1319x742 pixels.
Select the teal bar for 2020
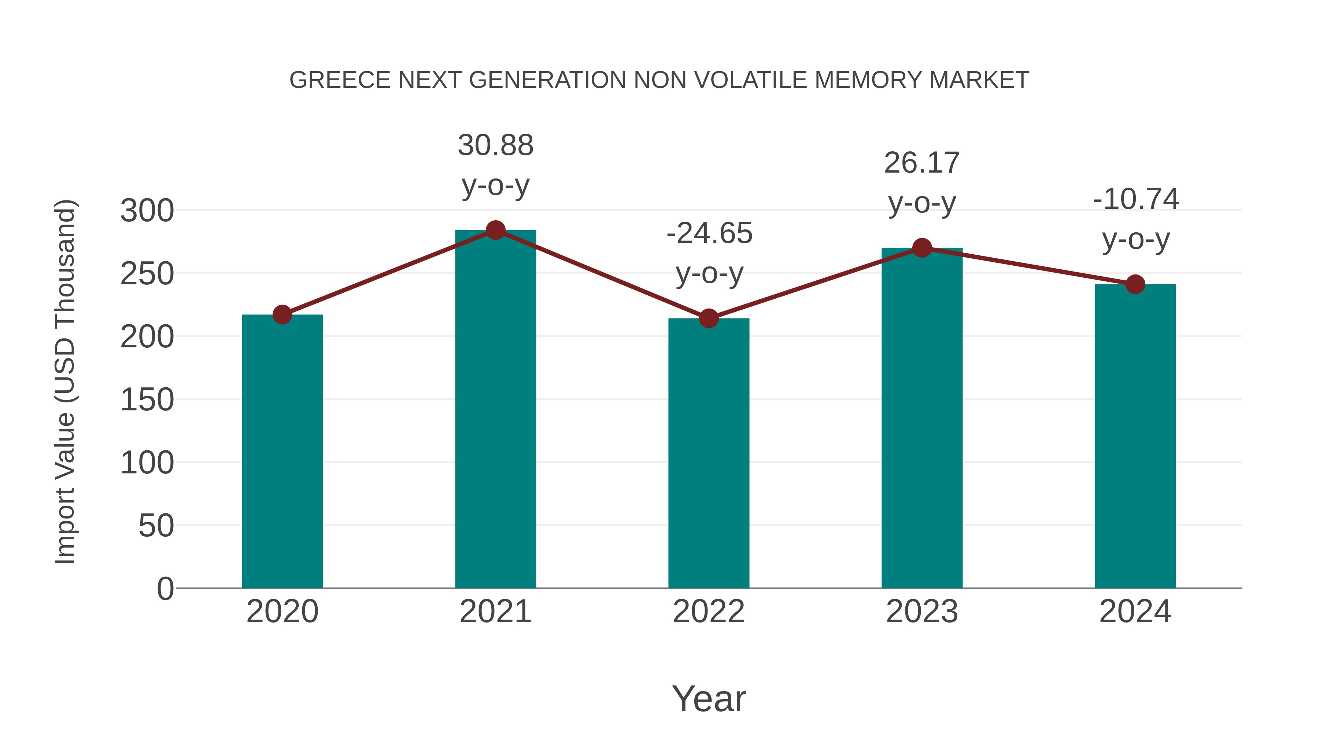pos(282,451)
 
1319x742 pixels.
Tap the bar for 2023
pos(922,417)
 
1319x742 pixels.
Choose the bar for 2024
pos(1135,436)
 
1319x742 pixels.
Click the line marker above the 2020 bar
pos(282,314)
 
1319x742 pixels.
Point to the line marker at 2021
pos(495,230)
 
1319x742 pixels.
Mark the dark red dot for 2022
pos(708,318)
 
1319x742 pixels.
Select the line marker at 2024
pos(1135,284)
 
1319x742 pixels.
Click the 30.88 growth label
pos(495,145)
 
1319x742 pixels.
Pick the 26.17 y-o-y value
pos(922,163)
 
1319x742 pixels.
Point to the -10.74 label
pos(1135,199)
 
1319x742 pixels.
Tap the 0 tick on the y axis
pos(165,588)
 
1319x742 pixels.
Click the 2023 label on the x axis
pos(922,612)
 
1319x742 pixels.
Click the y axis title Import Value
pos(66,381)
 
